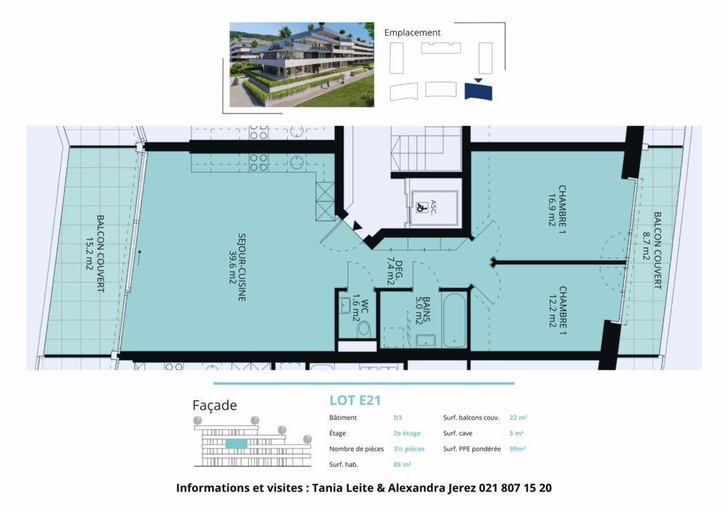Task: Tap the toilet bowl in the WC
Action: tap(364, 328)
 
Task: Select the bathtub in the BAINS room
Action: tap(454, 320)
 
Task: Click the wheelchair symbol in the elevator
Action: tap(421, 206)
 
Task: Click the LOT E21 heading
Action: tap(355, 400)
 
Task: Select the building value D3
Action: tap(397, 418)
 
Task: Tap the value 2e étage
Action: tap(406, 433)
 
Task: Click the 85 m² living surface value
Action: tap(402, 464)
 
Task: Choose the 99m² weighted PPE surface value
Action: tap(518, 449)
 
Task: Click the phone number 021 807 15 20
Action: tap(515, 488)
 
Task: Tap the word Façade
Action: tap(214, 406)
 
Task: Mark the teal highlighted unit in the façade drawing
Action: tap(236, 443)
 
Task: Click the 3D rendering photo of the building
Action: tap(301, 64)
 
